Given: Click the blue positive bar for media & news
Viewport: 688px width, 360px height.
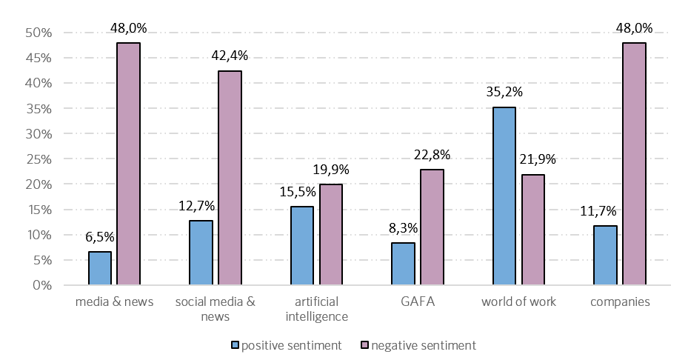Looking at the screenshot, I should tap(100, 268).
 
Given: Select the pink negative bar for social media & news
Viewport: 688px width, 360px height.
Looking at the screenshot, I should tap(230, 178).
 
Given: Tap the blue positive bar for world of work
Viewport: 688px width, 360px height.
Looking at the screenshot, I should tap(504, 196).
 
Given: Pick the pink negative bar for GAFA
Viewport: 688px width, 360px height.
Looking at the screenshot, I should tap(432, 227).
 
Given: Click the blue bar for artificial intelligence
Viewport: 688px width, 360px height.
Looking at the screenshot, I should tap(302, 246).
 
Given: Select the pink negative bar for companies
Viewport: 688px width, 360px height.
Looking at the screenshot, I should tap(634, 164).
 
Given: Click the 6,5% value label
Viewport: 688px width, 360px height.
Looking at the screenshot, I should tap(100, 238).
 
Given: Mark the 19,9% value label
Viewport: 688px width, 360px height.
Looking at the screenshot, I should tap(331, 170).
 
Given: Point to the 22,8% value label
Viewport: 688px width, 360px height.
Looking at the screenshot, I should tap(432, 156).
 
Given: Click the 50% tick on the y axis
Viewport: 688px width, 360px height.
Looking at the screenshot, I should tap(37, 33).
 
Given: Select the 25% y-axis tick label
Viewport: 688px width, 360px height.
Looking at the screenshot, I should tap(37, 159).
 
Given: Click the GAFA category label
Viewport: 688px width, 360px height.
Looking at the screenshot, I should tap(418, 302).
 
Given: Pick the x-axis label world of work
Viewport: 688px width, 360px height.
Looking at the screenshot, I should tap(518, 302).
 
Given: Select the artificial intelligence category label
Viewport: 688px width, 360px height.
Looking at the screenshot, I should tap(316, 309).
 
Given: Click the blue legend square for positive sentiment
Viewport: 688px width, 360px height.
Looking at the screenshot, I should tap(236, 345).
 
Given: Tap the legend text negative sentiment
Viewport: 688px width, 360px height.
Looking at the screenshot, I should tap(424, 345).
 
